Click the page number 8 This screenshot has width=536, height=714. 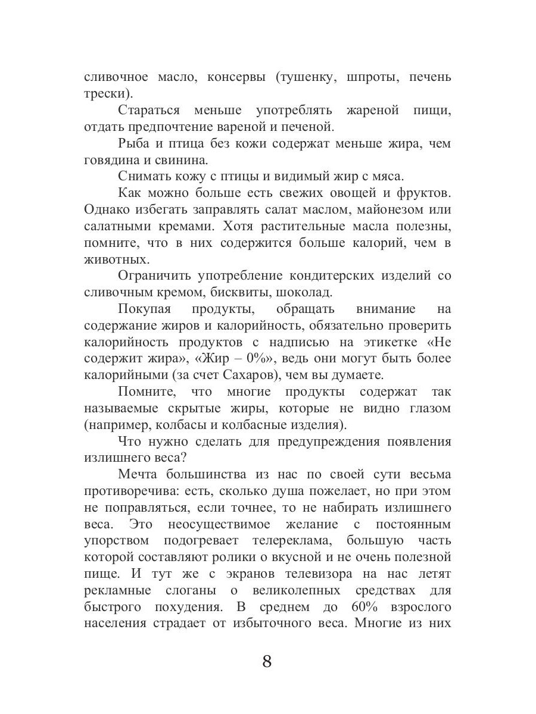point(267,662)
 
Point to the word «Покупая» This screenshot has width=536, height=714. point(145,310)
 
